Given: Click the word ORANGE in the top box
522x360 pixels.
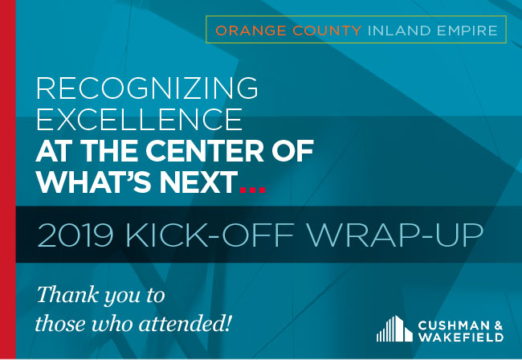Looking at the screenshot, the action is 251,31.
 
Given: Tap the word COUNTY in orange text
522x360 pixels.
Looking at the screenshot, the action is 327,31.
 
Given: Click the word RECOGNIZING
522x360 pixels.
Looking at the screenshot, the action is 147,88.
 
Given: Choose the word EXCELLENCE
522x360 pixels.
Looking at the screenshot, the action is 140,119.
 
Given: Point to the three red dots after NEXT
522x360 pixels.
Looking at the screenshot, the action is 253,190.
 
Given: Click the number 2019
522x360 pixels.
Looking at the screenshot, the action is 75,235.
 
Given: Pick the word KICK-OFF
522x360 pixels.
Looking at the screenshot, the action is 210,235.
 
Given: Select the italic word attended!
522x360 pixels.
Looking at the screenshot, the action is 185,323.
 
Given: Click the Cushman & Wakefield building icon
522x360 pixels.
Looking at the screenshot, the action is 394,329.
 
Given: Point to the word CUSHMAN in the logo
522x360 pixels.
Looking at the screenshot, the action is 454,325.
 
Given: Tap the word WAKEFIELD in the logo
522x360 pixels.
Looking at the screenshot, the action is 461,337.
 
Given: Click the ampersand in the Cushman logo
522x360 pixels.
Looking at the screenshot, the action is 499,325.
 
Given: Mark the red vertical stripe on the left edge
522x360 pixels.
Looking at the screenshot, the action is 8,180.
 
